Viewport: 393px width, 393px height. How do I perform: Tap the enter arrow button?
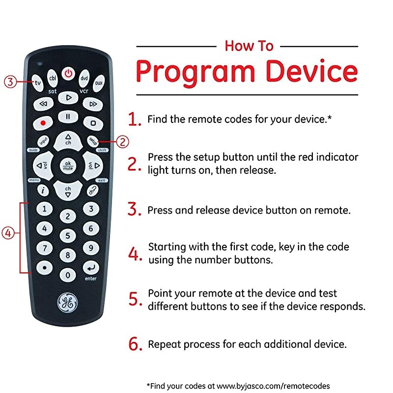point(91,268)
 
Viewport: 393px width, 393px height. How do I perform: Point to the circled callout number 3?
point(10,82)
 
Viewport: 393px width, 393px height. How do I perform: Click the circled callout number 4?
point(8,234)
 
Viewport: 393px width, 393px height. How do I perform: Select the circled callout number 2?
point(123,142)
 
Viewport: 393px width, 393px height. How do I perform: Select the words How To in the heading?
point(249,46)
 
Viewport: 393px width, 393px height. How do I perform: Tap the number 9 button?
point(91,248)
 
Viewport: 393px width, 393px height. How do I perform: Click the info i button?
point(44,190)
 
